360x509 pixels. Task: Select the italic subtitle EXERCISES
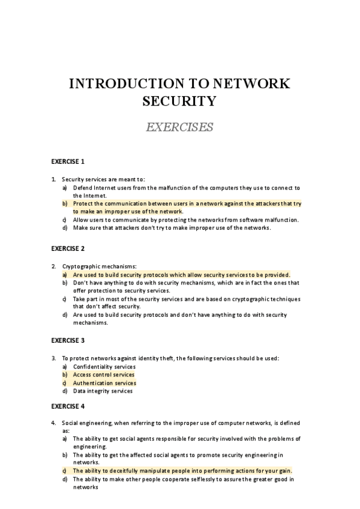point(180,127)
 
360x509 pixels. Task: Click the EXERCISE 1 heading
point(68,161)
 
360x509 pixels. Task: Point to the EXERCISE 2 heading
point(68,248)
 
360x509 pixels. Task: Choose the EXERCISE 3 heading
point(68,340)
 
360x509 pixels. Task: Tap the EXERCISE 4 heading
point(68,406)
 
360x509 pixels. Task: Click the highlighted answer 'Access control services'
point(104,375)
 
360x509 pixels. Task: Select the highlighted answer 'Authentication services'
point(104,383)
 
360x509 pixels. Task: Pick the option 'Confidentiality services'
point(104,367)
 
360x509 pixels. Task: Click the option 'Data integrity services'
point(103,391)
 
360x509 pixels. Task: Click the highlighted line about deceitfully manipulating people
point(182,471)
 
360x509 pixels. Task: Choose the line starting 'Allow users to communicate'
point(185,220)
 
